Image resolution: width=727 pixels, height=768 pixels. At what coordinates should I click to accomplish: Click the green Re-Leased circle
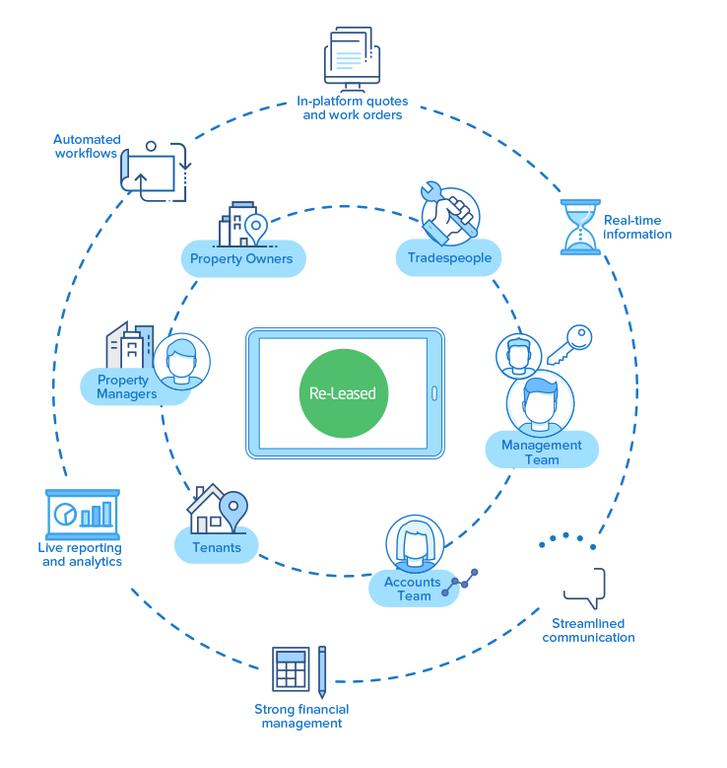click(x=343, y=392)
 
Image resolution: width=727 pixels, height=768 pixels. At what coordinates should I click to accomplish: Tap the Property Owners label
click(x=242, y=259)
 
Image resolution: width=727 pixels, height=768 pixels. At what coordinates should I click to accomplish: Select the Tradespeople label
click(x=449, y=259)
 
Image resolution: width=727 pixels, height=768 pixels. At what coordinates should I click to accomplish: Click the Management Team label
click(x=542, y=452)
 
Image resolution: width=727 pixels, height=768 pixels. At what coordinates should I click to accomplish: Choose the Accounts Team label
click(x=414, y=589)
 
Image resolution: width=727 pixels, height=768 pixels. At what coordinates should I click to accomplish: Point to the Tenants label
click(x=217, y=546)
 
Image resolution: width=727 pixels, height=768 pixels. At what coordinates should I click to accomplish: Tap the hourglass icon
click(x=579, y=227)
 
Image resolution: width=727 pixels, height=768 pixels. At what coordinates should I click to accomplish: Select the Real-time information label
click(x=637, y=227)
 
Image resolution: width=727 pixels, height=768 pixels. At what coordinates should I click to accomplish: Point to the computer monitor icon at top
click(x=351, y=55)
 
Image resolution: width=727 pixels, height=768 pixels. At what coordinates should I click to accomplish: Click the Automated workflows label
click(x=87, y=146)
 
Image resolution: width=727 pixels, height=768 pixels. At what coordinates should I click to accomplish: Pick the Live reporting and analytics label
click(x=82, y=554)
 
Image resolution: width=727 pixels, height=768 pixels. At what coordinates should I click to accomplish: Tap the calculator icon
click(x=290, y=670)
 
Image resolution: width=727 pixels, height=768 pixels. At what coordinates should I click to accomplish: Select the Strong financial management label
click(x=302, y=716)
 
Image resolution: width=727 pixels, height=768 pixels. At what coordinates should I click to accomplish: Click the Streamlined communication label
click(x=588, y=630)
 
